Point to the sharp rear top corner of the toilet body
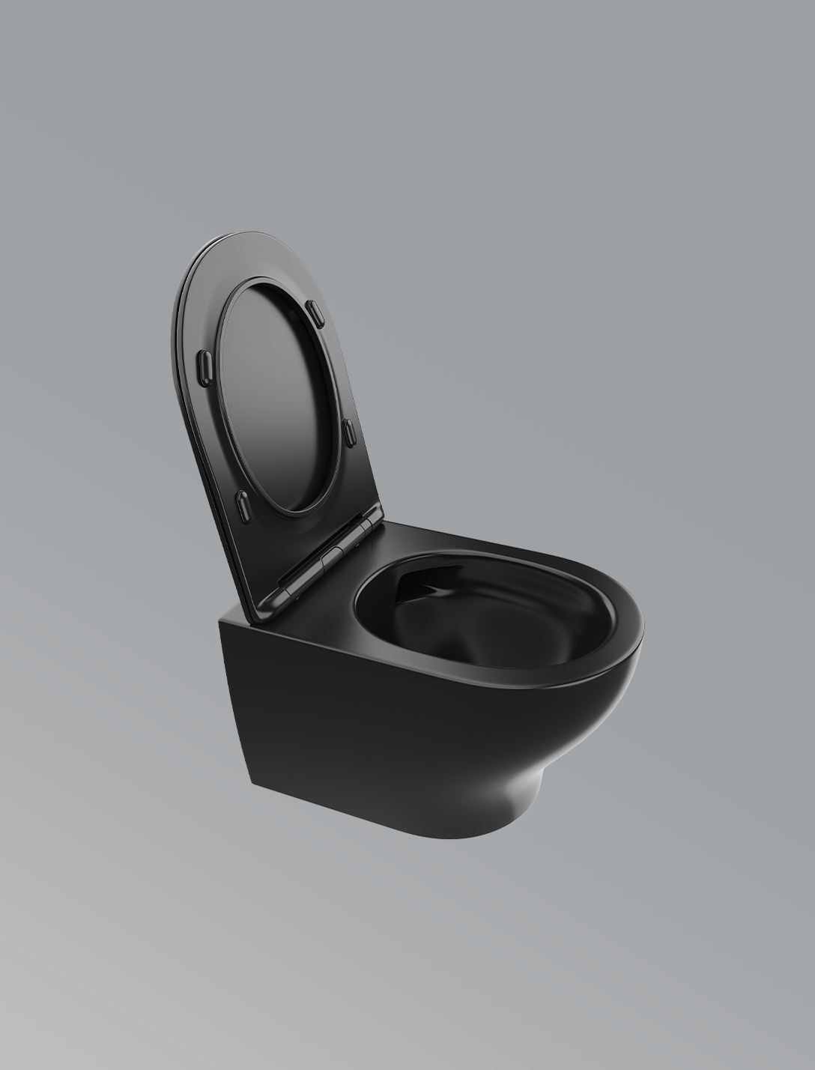[x=222, y=619]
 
